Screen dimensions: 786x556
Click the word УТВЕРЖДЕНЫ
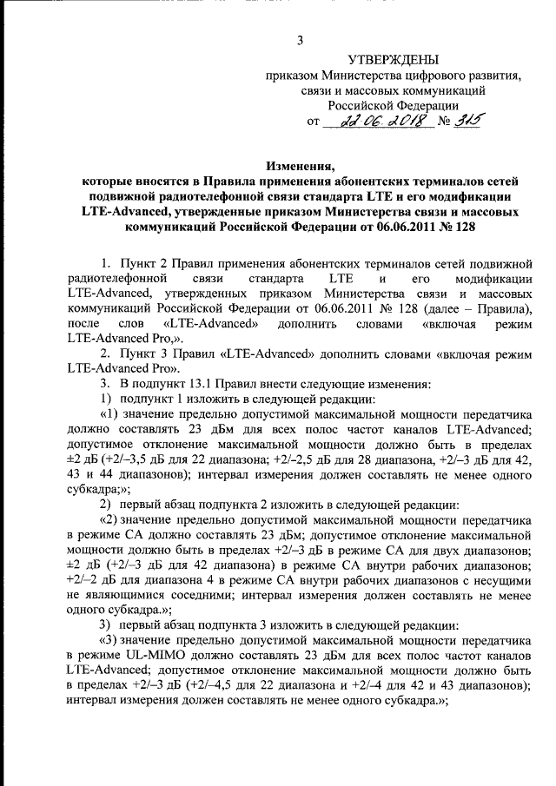393,60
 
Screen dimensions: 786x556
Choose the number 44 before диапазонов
115,475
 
